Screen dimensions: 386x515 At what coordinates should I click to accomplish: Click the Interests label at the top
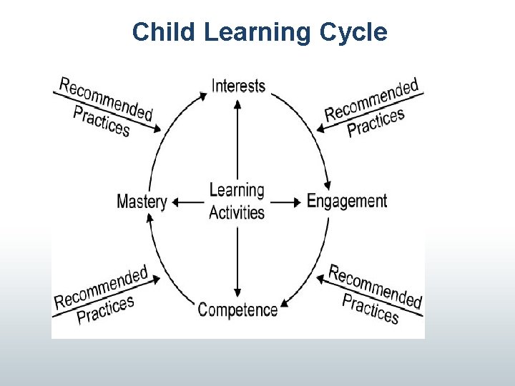point(238,86)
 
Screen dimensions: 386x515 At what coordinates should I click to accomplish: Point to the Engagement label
point(346,201)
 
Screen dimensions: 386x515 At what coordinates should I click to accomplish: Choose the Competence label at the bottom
point(237,310)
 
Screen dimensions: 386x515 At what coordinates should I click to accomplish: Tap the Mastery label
point(142,202)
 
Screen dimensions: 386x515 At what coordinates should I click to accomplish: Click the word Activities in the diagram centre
point(237,212)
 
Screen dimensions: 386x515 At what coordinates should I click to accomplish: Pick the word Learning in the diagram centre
point(237,191)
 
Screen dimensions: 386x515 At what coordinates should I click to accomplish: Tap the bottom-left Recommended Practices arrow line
point(107,293)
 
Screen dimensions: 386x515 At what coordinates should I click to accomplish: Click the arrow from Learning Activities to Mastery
point(188,202)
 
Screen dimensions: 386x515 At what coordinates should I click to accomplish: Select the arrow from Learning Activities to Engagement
point(286,202)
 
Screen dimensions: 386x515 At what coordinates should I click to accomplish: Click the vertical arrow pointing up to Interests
point(237,139)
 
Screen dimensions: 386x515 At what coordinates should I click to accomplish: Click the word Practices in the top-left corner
point(102,120)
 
